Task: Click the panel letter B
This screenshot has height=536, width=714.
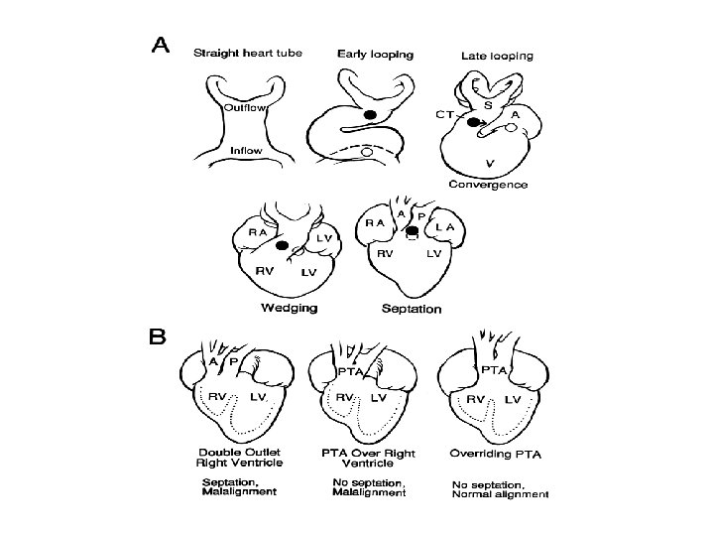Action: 158,337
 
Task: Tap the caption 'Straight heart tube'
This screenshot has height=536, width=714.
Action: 249,53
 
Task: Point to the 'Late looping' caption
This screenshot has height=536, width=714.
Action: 497,56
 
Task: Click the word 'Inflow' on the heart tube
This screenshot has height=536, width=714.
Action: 245,151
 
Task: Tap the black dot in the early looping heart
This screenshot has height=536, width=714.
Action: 370,115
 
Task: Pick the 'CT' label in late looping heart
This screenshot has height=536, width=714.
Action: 446,116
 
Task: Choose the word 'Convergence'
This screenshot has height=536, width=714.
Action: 488,185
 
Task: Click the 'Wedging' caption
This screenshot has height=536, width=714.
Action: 289,308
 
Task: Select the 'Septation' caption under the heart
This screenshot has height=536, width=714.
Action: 412,309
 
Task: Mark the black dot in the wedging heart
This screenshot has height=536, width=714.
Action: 282,244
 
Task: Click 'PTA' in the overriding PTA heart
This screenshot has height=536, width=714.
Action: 495,369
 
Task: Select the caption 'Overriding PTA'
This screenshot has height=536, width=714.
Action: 495,456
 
